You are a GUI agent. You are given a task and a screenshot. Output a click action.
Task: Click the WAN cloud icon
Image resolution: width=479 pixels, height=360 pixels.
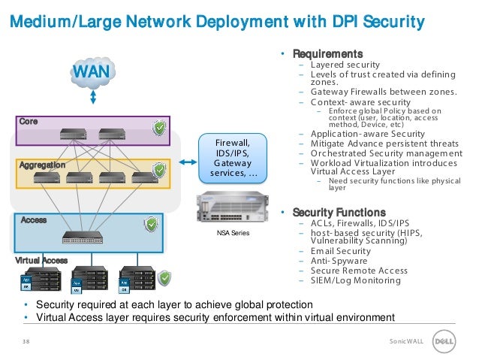[92, 74]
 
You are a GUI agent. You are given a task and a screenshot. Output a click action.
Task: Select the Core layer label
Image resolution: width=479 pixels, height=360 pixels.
[29, 121]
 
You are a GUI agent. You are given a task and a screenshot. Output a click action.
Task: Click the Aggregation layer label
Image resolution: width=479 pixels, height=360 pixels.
[43, 164]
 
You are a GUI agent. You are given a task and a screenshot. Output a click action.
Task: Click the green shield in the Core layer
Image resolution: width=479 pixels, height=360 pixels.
[159, 129]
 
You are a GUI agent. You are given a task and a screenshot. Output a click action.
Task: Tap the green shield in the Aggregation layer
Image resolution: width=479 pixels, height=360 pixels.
[159, 170]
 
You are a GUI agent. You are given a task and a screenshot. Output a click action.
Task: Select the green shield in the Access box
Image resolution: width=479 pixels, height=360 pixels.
[151, 224]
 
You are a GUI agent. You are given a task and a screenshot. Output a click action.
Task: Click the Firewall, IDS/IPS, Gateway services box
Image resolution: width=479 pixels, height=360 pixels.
[233, 159]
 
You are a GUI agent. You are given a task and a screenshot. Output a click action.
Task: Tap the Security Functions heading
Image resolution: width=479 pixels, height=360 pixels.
[339, 212]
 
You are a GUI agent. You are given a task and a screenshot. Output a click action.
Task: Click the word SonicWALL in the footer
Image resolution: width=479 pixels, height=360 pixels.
[406, 341]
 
